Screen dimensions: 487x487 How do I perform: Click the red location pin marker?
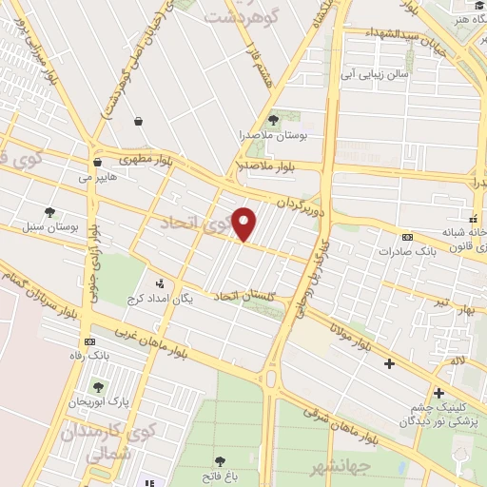[245, 223]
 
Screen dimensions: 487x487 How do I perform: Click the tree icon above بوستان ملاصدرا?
[274, 120]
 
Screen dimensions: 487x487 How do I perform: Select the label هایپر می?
[98, 176]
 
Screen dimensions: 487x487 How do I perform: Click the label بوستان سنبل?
[49, 228]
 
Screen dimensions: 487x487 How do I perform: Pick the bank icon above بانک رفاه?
[90, 341]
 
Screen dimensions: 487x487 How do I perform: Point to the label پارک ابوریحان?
[98, 403]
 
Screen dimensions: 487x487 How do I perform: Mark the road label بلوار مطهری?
[148, 157]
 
